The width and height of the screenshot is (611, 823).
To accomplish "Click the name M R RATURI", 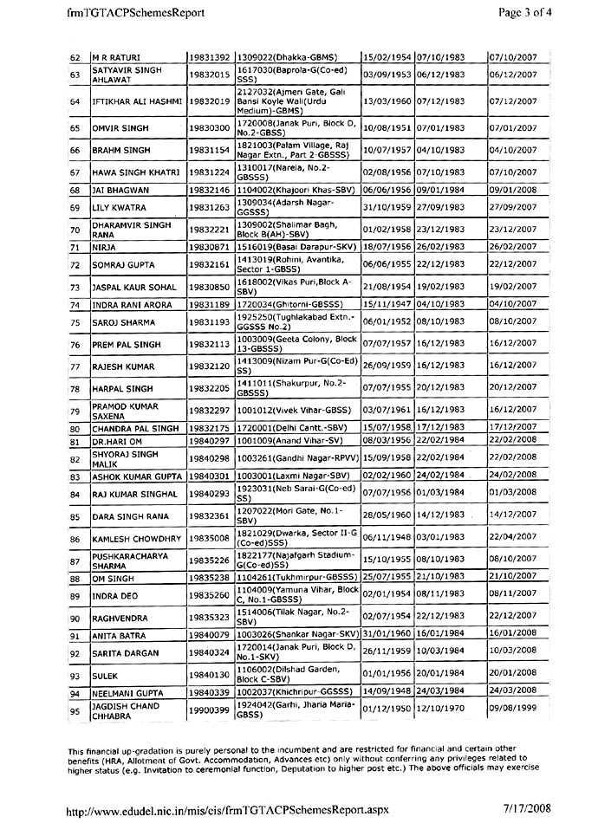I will pyautogui.click(x=116, y=57).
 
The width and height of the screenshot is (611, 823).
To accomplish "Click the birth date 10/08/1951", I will pyautogui.click(x=387, y=128).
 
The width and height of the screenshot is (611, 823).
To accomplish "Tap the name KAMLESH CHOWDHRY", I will pyautogui.click(x=137, y=538).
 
